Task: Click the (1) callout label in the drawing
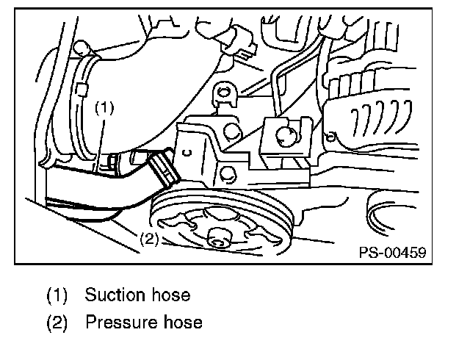[x=105, y=107]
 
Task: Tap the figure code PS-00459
[x=393, y=252]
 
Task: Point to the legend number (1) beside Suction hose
[x=57, y=295]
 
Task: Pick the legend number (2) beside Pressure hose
[x=57, y=322]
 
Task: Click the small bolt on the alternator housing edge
[x=333, y=135]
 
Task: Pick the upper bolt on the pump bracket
[x=229, y=132]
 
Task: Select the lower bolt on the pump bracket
[x=226, y=173]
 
